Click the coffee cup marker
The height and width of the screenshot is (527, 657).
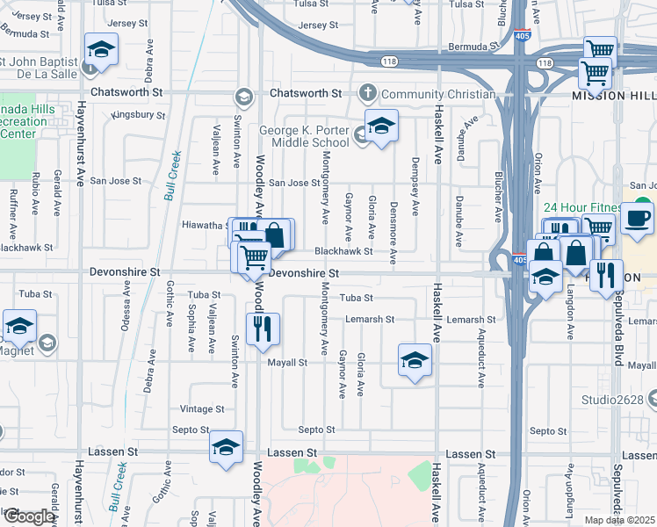click(x=637, y=218)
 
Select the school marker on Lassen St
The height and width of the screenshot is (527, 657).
click(x=227, y=447)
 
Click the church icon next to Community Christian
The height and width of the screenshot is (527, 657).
click(x=368, y=93)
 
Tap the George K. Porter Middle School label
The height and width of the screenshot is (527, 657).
click(x=304, y=136)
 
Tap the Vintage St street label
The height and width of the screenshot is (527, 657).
click(x=202, y=409)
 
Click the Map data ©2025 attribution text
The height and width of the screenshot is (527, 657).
click(x=619, y=520)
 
